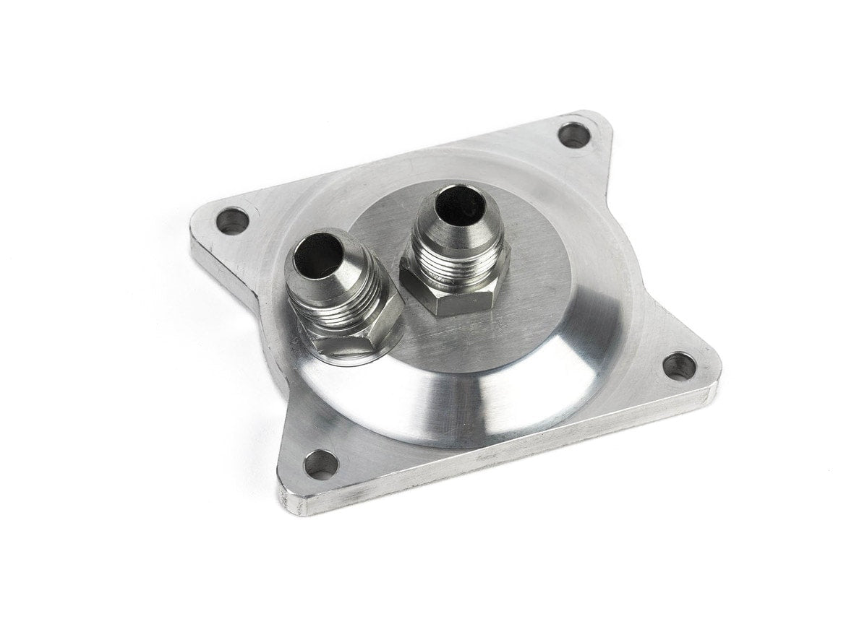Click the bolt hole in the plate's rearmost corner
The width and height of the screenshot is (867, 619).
point(573,135)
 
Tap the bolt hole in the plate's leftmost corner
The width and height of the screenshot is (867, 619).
point(232,220)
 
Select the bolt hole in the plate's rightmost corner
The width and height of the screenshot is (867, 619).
point(679,366)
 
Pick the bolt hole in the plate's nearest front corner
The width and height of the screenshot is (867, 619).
point(321,464)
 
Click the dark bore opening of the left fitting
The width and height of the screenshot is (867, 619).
point(319,254)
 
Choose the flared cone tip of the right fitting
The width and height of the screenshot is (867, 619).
point(456,220)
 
